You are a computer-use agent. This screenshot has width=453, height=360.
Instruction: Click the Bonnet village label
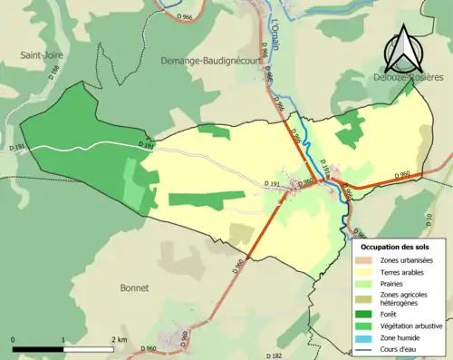coord(134,287)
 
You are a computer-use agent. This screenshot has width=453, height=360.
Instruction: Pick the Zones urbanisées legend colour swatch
coord(363,260)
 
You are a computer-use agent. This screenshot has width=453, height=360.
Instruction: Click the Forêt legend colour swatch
coord(363,314)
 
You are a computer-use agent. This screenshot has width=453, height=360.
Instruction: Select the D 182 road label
coord(276,355)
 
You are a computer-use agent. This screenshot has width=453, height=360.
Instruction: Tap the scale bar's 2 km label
coord(119,339)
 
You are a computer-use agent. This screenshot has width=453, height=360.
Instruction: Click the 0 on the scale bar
coord(14,339)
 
